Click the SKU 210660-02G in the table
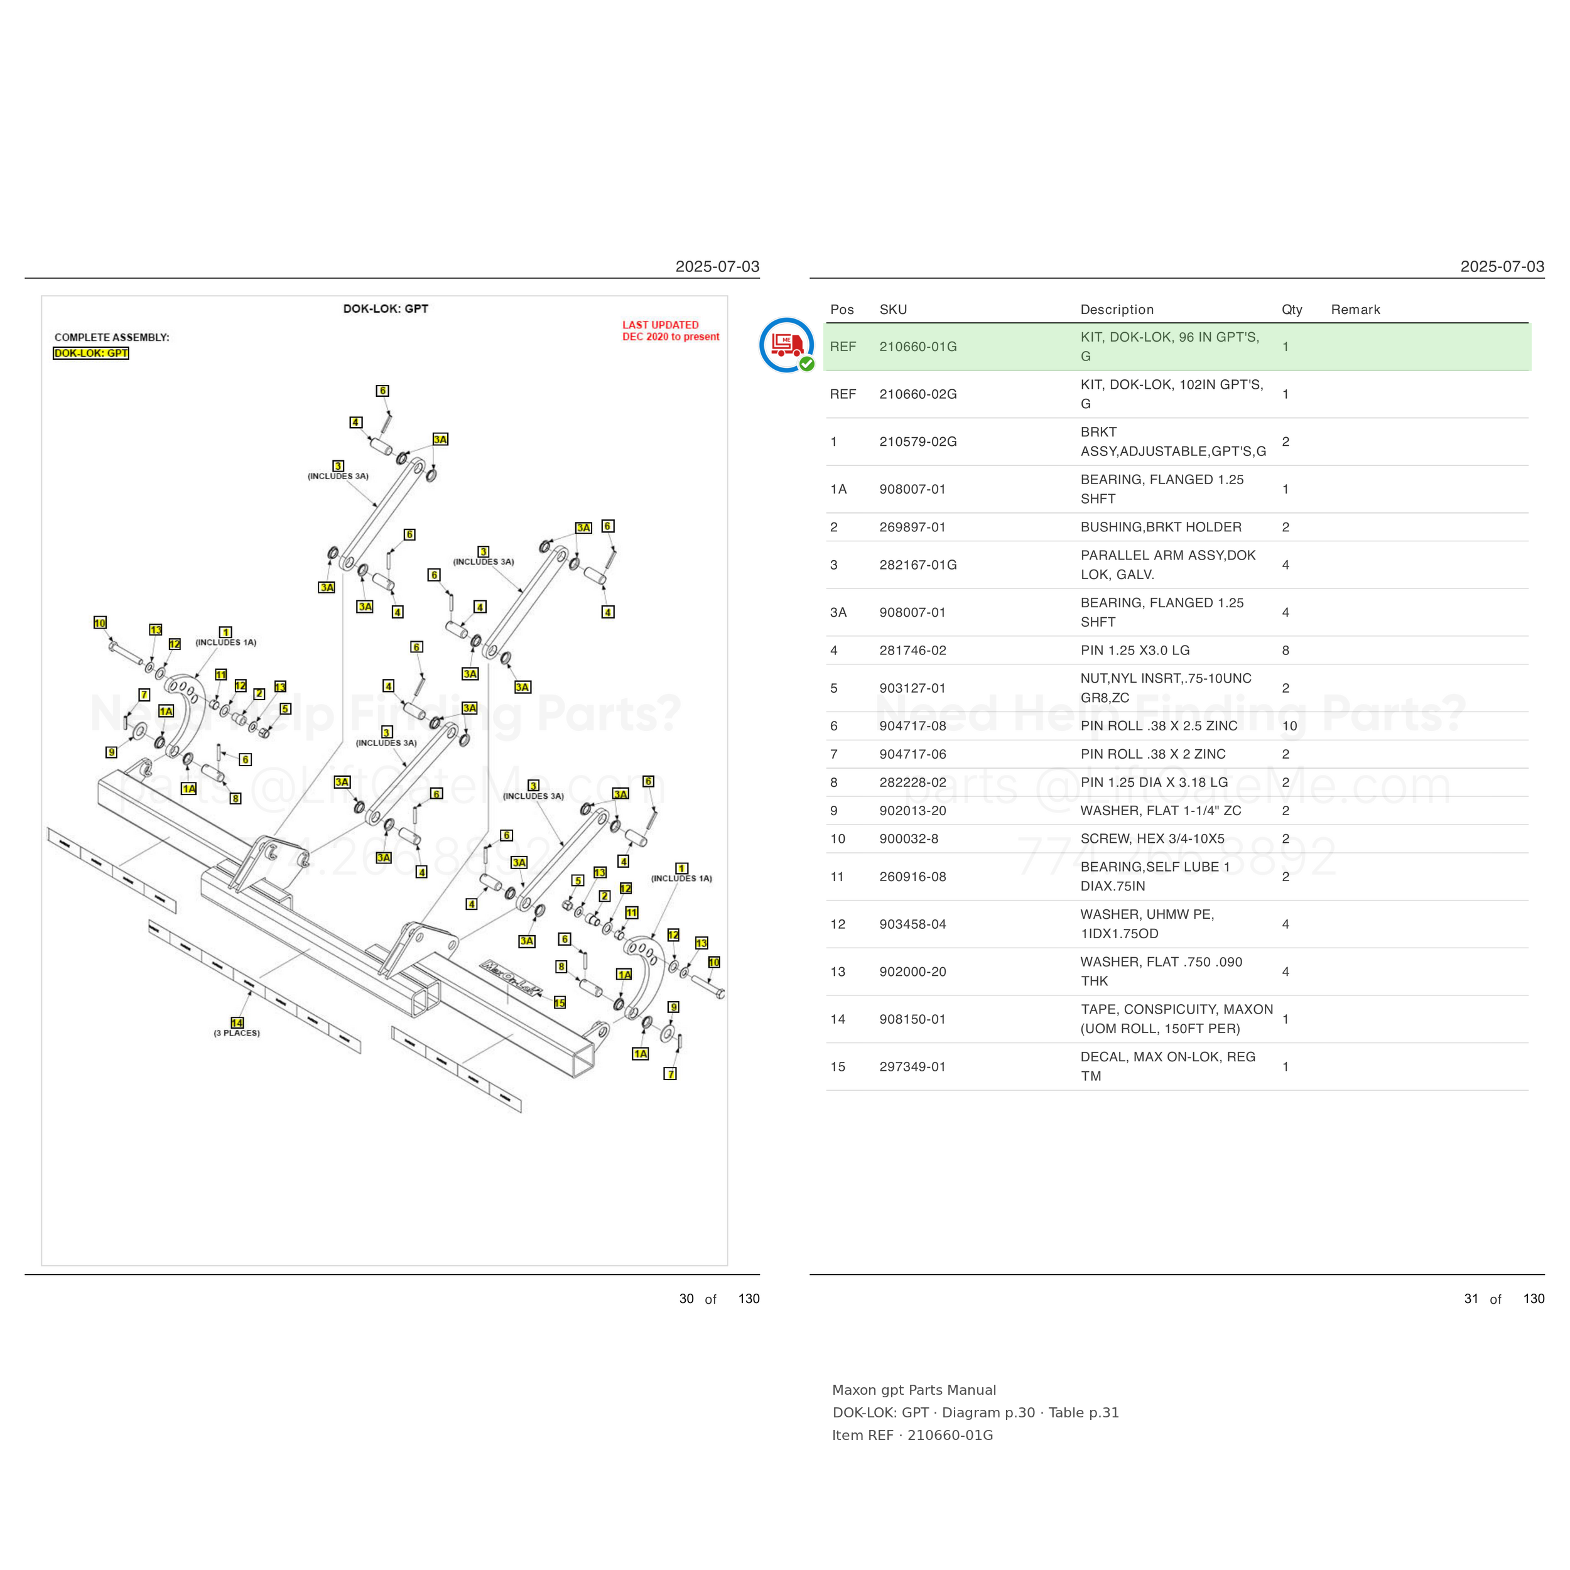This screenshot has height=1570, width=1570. [x=918, y=394]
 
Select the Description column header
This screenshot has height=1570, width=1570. [x=1117, y=310]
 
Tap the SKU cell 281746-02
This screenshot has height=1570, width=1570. [x=912, y=650]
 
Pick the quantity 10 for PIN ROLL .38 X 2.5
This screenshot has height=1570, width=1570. [x=1290, y=726]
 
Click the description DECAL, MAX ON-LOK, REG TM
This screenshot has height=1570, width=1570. [x=1167, y=1066]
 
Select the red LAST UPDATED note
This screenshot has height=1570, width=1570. [x=671, y=331]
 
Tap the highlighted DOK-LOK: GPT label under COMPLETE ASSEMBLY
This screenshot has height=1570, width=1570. [x=91, y=353]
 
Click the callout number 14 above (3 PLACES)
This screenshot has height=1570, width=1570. [x=237, y=1022]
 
